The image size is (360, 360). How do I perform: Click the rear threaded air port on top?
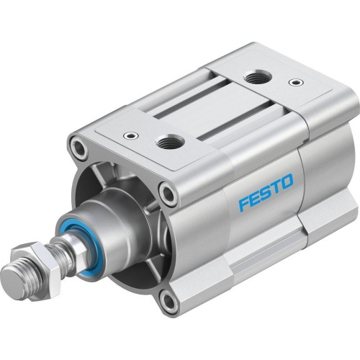tap(255, 76)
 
